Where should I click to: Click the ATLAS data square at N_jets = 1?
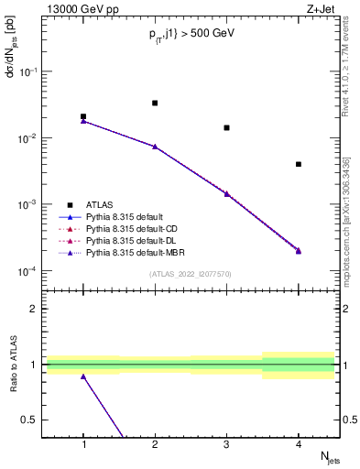pyautogui.click(x=83, y=116)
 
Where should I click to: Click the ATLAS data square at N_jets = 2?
pyautogui.click(x=155, y=103)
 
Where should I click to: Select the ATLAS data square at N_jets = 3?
pyautogui.click(x=226, y=127)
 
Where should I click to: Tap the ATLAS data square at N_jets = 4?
pyautogui.click(x=299, y=164)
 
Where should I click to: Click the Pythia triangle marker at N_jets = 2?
pyautogui.click(x=155, y=147)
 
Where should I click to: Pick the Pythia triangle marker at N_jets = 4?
pyautogui.click(x=299, y=250)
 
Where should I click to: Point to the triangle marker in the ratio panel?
pyautogui.click(x=83, y=376)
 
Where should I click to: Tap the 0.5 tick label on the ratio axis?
pyautogui.click(x=30, y=420)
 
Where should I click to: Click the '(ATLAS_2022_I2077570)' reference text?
pyautogui.click(x=190, y=273)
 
